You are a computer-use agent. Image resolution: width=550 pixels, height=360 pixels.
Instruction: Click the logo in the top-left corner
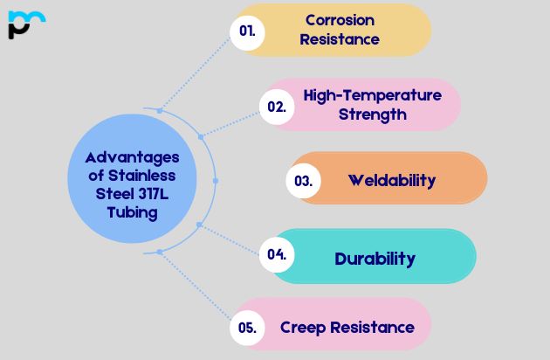(24, 24)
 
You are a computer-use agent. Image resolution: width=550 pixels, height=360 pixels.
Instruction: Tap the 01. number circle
(247, 31)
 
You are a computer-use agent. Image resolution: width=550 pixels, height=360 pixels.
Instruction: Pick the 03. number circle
(304, 181)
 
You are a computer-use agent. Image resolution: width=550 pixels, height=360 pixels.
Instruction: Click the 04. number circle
(277, 254)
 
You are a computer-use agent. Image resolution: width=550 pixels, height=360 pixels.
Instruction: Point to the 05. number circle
(247, 329)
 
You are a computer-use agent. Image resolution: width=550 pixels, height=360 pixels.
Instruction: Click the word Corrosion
(340, 19)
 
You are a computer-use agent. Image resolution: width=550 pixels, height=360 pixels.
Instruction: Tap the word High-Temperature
(372, 94)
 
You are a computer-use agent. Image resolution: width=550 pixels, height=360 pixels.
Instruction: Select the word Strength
(372, 114)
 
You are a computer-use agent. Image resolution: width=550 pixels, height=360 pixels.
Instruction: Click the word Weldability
(391, 181)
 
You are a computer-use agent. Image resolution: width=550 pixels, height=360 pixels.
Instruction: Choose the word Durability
(375, 258)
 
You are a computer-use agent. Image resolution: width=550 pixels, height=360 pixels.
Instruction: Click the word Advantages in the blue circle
(132, 157)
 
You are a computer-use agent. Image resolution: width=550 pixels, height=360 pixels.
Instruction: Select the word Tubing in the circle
(133, 211)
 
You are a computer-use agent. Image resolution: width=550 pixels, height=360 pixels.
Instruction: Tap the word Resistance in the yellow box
(340, 39)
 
